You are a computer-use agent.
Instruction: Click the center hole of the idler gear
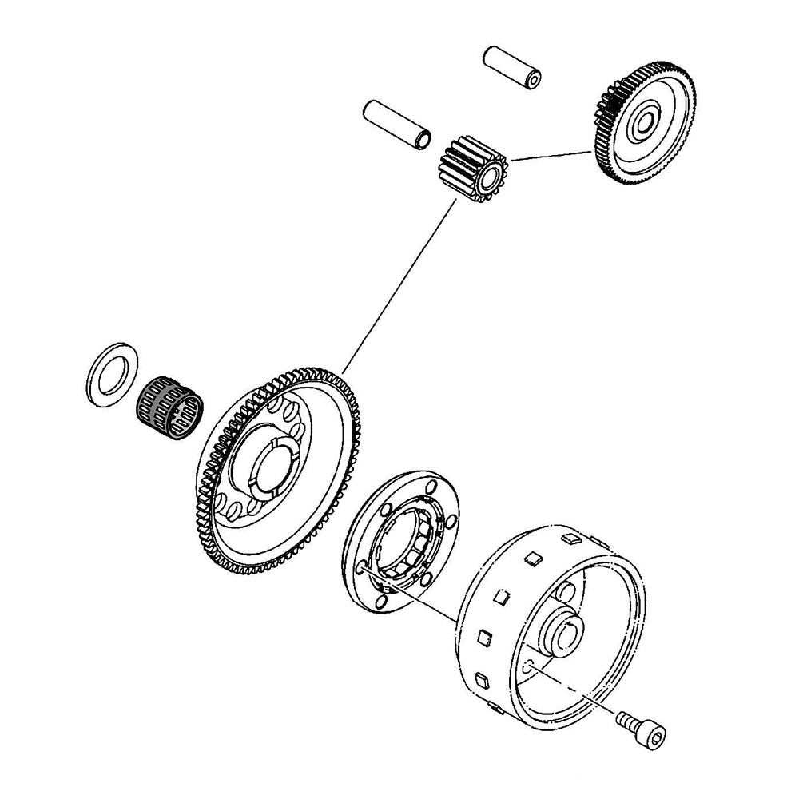[x=645, y=123]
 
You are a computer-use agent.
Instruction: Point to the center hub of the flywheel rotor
[x=567, y=631]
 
